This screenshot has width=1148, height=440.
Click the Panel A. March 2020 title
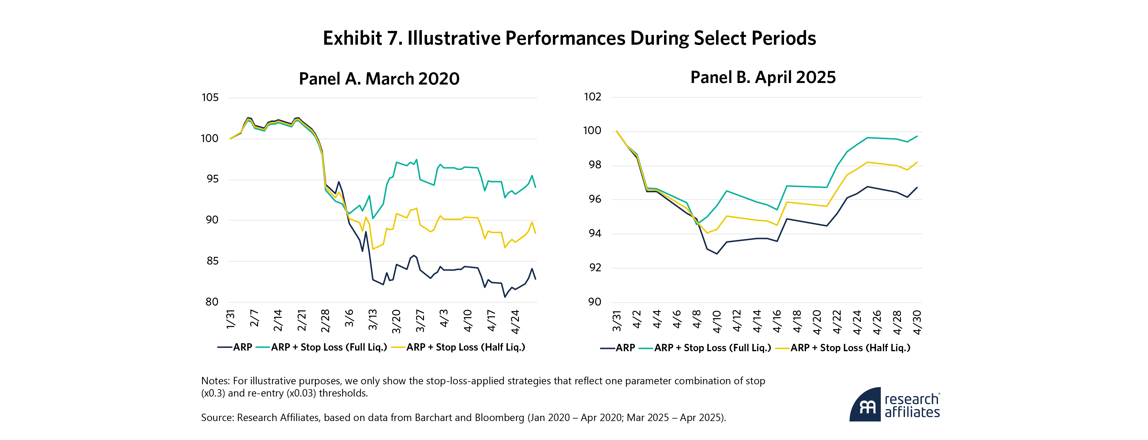click(379, 79)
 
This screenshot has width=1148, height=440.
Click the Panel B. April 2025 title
click(763, 77)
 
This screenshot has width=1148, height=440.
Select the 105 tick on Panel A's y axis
click(210, 98)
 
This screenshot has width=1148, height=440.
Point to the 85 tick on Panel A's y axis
click(212, 261)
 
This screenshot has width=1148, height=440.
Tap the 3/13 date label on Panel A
click(373, 320)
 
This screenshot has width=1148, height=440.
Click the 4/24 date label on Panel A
click(515, 322)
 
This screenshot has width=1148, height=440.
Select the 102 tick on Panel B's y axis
click(592, 97)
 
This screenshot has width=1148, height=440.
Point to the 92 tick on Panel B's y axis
click(595, 268)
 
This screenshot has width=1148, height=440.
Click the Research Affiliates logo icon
click(865, 405)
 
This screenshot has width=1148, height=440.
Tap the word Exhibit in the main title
click(352, 38)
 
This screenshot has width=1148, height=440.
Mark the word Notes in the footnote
click(214, 381)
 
